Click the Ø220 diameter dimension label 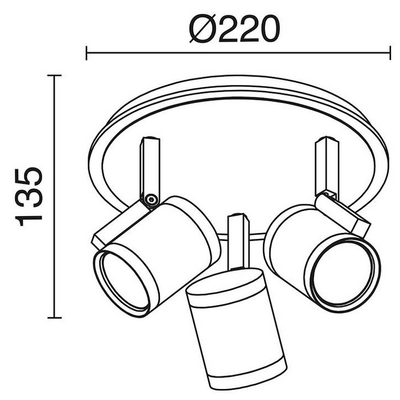point(234,28)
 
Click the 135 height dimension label point(29,197)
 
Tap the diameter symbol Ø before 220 point(203,29)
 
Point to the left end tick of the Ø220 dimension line point(87,53)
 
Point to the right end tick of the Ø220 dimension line point(390,53)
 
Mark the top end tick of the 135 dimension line point(54,76)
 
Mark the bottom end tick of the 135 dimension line point(54,318)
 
